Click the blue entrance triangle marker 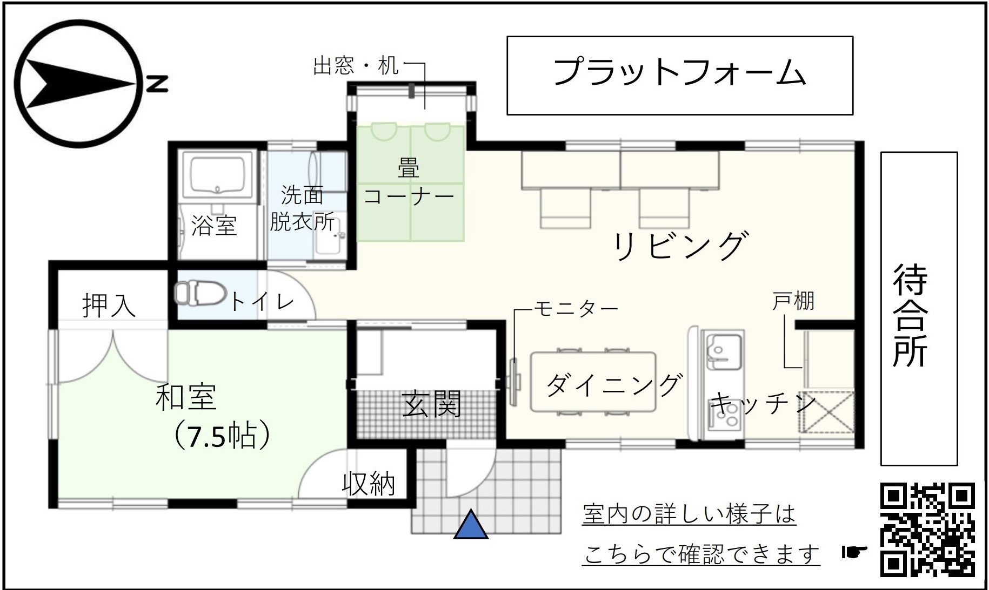(471, 525)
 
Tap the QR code (928, 530)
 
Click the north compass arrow (81, 84)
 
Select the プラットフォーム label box (680, 76)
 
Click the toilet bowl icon (199, 293)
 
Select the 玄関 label (432, 403)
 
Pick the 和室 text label (186, 397)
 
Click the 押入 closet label (109, 305)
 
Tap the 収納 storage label (369, 484)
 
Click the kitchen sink (724, 351)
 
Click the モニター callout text (576, 309)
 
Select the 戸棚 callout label (793, 301)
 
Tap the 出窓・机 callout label (356, 66)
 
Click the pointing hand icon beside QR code (854, 551)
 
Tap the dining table (593, 382)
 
